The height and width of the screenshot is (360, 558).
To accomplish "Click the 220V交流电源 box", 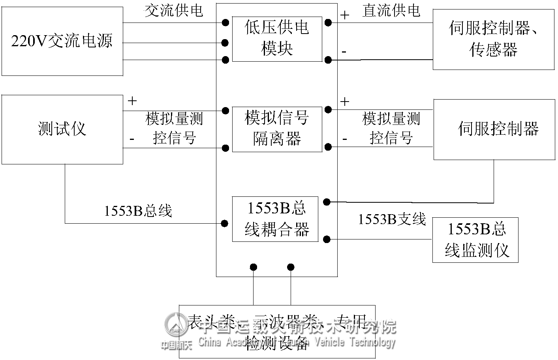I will [x=62, y=41].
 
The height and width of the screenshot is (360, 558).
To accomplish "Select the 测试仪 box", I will [x=62, y=129].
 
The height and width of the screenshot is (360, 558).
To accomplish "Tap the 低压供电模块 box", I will [x=277, y=39].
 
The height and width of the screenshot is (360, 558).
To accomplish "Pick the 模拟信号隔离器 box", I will [x=277, y=129].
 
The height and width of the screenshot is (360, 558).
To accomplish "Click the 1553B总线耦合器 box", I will [x=275, y=219].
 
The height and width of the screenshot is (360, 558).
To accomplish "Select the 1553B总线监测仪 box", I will [x=475, y=239].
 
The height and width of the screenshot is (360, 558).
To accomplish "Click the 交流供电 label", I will [x=174, y=11].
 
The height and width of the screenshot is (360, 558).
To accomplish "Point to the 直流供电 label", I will [x=391, y=11].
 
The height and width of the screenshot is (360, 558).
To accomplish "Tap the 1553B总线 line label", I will [x=138, y=211].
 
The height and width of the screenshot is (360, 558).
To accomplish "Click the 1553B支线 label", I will [x=391, y=219].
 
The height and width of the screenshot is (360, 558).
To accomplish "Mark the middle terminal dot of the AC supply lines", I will [x=225, y=43].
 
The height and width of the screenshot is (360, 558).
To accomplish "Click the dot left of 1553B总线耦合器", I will [x=224, y=224].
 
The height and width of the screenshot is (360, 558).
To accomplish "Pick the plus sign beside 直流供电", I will [x=345, y=15].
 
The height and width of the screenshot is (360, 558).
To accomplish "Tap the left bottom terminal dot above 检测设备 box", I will [x=254, y=267].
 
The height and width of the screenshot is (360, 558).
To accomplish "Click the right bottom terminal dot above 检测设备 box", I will [x=291, y=267].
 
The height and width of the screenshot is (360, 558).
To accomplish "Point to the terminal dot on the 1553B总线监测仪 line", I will [x=327, y=239].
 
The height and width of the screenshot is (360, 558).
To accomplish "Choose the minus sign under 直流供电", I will [x=344, y=51].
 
